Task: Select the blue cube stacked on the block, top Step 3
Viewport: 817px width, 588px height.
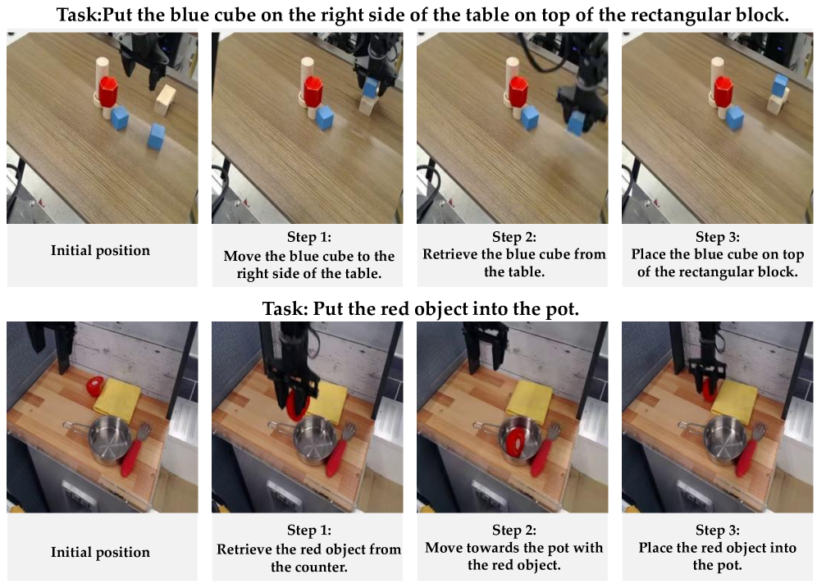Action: [x=780, y=85]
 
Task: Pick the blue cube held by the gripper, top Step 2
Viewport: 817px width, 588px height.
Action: [x=576, y=124]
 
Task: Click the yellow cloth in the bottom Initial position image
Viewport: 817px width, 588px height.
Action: [x=116, y=399]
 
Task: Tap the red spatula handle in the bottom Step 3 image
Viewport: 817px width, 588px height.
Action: [x=746, y=458]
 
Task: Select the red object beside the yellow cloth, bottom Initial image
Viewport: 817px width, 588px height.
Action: [x=95, y=385]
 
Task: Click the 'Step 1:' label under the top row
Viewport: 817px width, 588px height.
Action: [x=309, y=237]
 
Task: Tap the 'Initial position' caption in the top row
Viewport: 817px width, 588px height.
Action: [x=100, y=250]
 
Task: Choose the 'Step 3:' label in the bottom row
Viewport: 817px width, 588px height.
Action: [x=718, y=531]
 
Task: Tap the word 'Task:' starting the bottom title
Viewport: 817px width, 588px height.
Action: [x=285, y=309]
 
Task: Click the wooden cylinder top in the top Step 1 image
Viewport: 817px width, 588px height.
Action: [x=308, y=62]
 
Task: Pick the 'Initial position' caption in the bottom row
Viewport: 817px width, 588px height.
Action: [x=100, y=552]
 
